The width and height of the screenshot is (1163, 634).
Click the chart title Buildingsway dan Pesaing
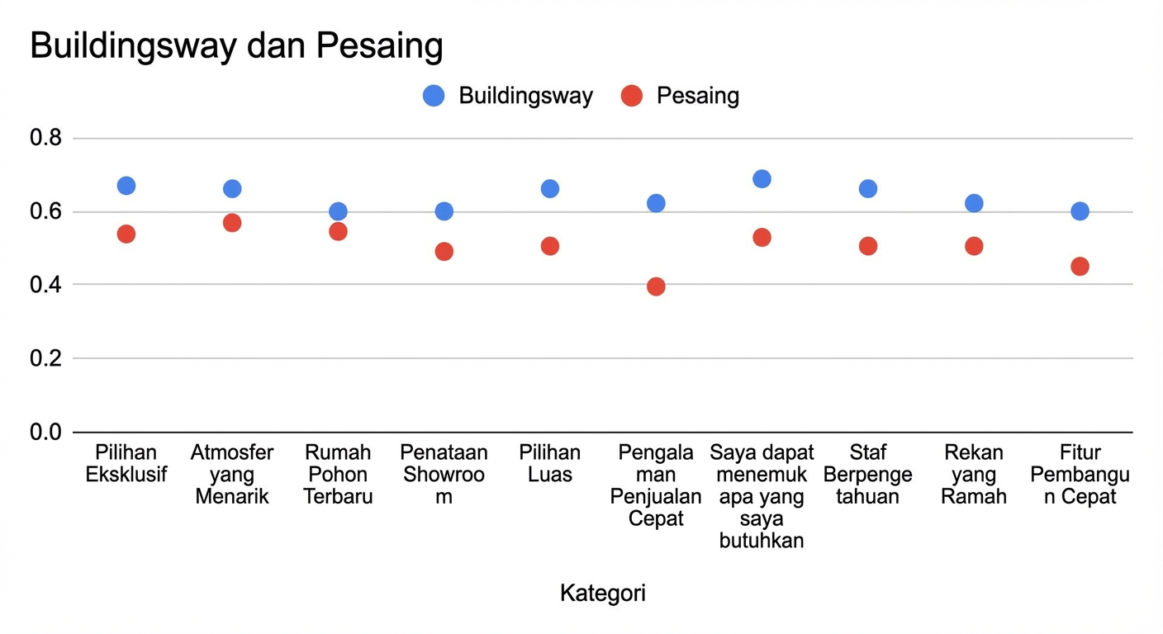236,46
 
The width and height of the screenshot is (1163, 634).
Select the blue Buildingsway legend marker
434,96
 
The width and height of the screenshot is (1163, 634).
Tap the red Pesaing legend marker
632,96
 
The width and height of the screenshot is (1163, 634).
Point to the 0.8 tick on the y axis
46,138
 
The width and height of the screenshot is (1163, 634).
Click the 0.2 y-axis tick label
46,358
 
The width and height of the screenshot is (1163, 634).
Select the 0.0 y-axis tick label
46,432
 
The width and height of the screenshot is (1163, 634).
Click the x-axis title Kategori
602,593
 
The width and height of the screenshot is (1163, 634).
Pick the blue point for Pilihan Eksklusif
126,186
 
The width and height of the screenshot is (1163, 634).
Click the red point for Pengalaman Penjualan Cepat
656,286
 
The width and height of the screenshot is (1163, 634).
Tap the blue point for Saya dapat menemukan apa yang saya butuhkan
762,179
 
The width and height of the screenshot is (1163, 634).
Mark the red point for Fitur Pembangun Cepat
1080,266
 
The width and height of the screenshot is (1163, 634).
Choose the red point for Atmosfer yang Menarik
232,223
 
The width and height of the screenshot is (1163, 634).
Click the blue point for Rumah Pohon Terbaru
338,211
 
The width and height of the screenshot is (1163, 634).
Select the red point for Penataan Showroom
444,251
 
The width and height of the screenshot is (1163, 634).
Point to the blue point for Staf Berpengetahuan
868,189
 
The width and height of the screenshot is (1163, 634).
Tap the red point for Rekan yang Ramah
974,246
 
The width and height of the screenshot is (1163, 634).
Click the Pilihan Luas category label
550,464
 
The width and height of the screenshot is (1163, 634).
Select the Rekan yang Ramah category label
974,475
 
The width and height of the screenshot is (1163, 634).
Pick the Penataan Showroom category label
444,475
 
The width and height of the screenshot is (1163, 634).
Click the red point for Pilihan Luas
550,246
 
